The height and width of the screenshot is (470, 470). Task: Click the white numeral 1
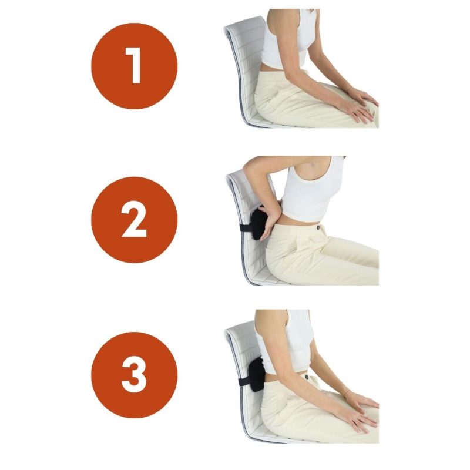click(133, 65)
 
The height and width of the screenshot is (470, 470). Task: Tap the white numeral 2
click(134, 219)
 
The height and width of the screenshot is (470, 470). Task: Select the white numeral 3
click(134, 375)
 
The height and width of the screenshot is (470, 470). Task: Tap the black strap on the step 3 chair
click(244, 382)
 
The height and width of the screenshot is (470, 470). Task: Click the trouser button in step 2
click(318, 229)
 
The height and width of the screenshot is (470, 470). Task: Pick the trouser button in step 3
click(306, 377)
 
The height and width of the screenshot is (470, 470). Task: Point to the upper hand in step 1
click(364, 96)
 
